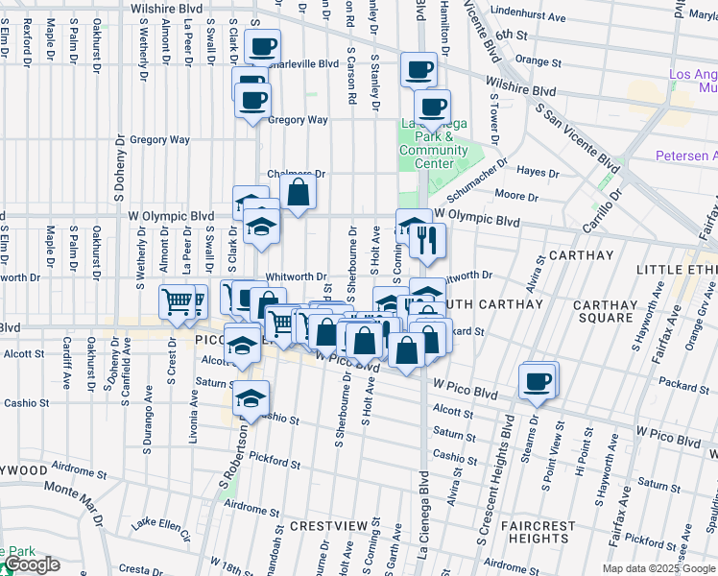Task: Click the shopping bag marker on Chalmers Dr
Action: pyautogui.click(x=299, y=192)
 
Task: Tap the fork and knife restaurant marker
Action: pyautogui.click(x=427, y=240)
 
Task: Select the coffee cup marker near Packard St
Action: pyautogui.click(x=538, y=381)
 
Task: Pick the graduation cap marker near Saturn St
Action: pyautogui.click(x=251, y=398)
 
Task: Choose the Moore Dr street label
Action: pyautogui.click(x=516, y=196)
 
